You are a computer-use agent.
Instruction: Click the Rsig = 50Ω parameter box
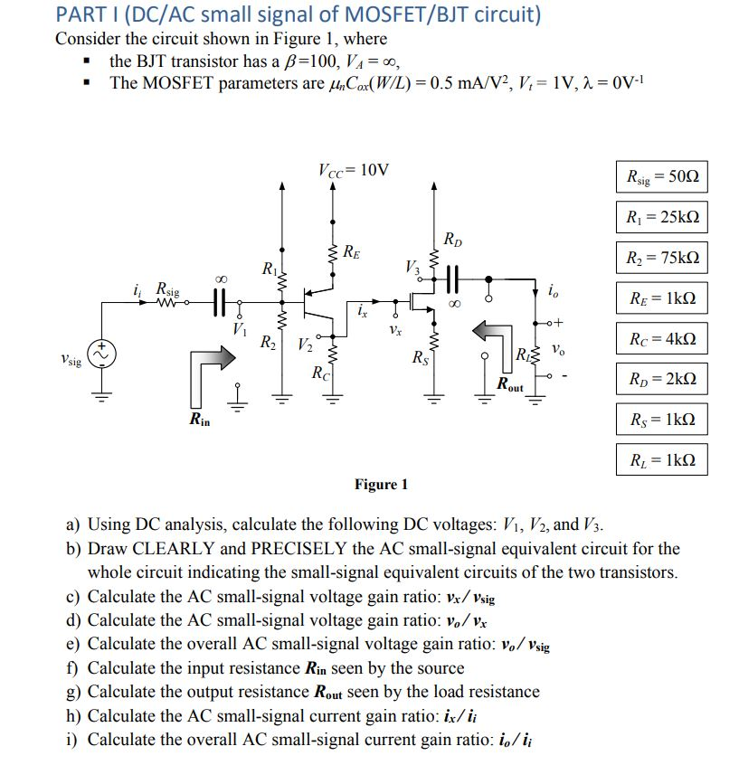tap(661, 177)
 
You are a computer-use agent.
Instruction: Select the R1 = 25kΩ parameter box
tap(661, 217)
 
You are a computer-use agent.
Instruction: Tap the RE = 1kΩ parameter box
tap(661, 298)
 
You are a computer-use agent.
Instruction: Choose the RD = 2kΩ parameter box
tap(661, 379)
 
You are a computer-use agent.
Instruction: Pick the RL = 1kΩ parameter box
tap(661, 459)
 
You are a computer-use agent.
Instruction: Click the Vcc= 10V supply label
tap(354, 170)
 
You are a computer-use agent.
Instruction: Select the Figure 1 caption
tap(381, 485)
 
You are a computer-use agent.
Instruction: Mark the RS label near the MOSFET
tap(419, 358)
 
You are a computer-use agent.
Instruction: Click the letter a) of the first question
tap(72, 525)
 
